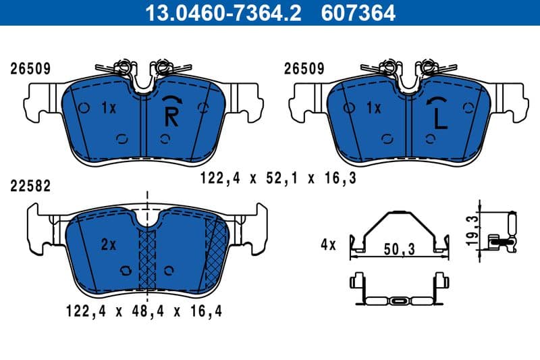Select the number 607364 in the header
click(x=360, y=12)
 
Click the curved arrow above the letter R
click(x=172, y=100)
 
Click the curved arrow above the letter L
click(x=437, y=100)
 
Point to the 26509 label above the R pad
click(x=30, y=69)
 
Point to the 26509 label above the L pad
click(x=304, y=69)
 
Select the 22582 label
click(x=30, y=185)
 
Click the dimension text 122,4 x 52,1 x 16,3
click(x=278, y=179)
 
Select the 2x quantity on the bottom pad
click(x=108, y=245)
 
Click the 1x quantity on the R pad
click(x=109, y=107)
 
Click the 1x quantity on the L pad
click(x=373, y=107)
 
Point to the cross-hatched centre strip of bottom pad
click(x=147, y=260)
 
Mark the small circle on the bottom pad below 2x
click(x=125, y=271)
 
